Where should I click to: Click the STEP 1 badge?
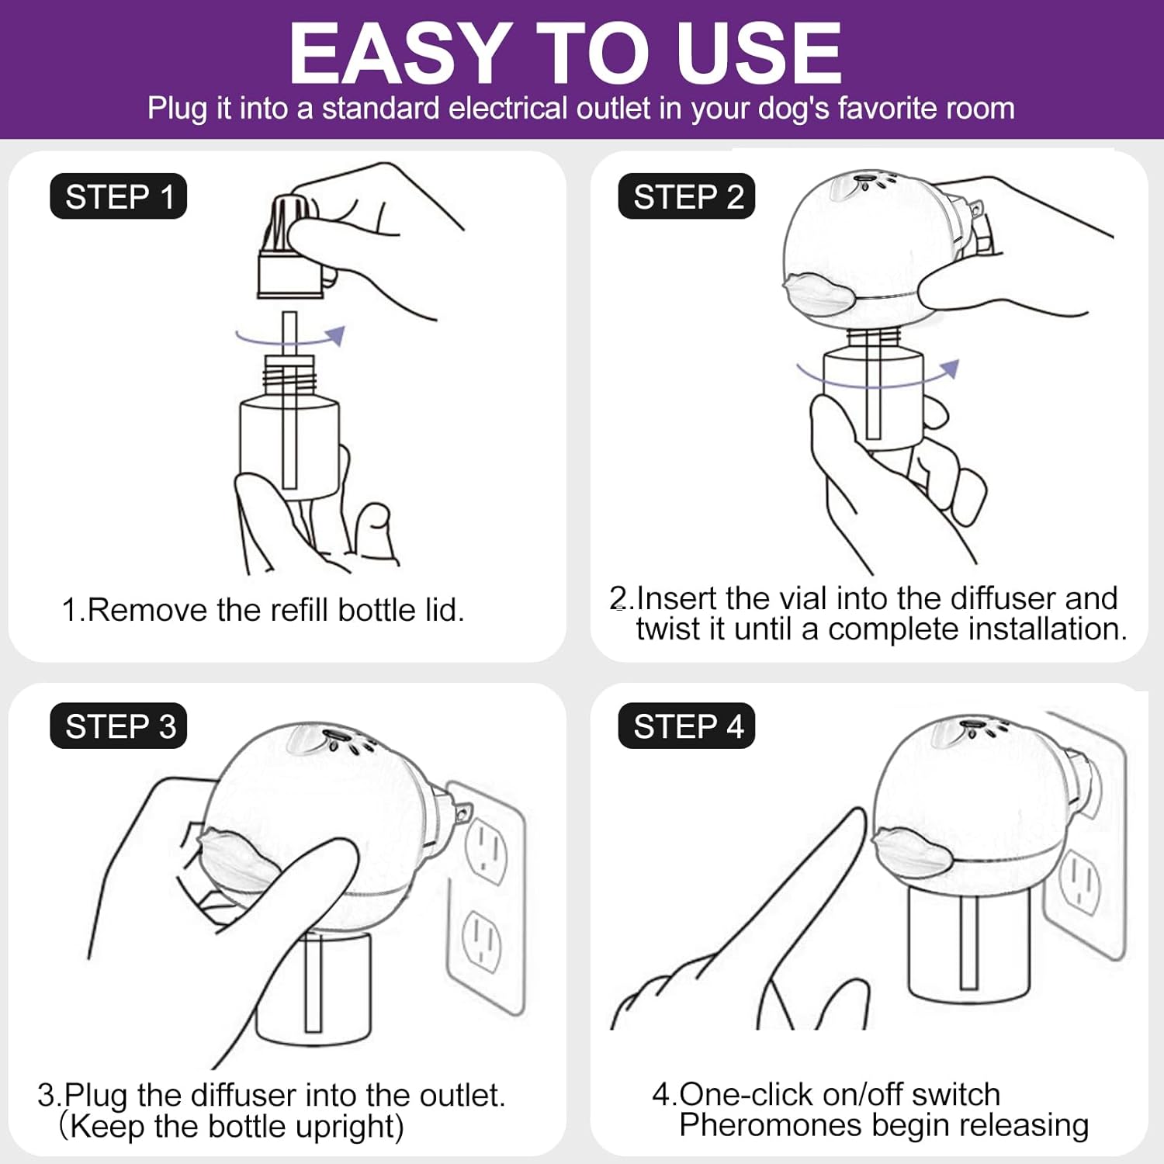coord(119,196)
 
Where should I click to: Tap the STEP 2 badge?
coord(687,196)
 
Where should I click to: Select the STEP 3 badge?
coord(119,726)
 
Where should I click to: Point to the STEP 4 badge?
coord(687,726)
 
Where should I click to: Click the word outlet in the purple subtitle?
coord(612,109)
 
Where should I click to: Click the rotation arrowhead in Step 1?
coord(335,335)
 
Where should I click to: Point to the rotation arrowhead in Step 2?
coord(950,369)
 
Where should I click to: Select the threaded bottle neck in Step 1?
coord(289,376)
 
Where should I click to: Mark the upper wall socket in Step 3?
coord(487,851)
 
